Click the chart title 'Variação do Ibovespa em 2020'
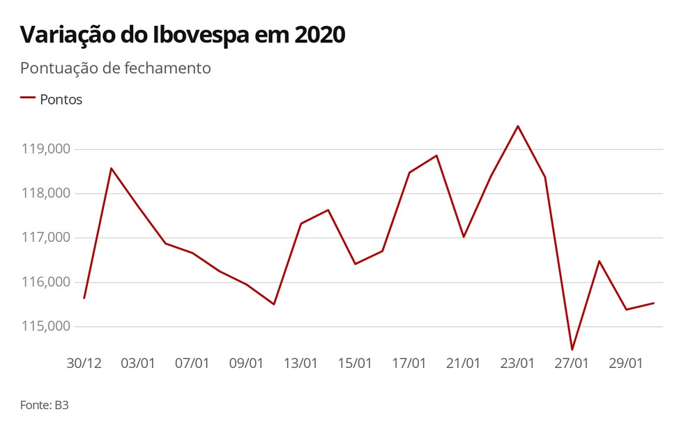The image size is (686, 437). (x=183, y=35)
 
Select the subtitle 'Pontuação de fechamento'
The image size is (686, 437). (x=115, y=68)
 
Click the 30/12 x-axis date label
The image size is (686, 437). (x=84, y=363)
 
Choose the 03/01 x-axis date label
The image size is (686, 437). (x=138, y=363)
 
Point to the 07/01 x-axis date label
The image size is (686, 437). (x=192, y=363)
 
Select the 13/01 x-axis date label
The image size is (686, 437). (x=301, y=363)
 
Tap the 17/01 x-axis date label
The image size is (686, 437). (x=409, y=363)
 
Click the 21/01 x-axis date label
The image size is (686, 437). (x=463, y=363)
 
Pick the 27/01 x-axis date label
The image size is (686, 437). (x=572, y=363)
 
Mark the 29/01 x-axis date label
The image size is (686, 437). (x=626, y=363)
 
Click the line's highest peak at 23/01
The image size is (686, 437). (x=518, y=126)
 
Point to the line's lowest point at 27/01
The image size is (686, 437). (x=572, y=349)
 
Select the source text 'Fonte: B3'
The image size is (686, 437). (x=44, y=404)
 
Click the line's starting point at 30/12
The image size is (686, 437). (x=84, y=298)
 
